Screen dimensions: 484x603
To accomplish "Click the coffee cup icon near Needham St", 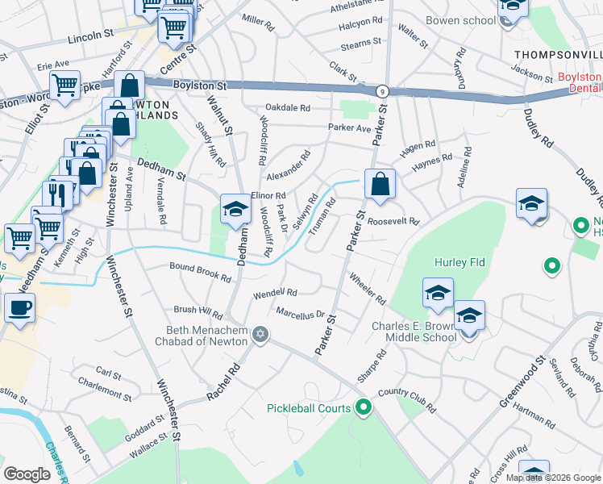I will point(19,307).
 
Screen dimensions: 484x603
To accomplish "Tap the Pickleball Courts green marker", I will point(364,408).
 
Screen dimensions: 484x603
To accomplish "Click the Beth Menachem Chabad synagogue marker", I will point(260,334).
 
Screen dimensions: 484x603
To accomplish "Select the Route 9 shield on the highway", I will point(381,91).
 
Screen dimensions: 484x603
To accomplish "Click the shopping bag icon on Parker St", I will point(380,184).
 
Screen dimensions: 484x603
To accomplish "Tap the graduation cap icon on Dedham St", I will point(235,209).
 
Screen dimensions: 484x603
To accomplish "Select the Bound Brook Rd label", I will point(200,272).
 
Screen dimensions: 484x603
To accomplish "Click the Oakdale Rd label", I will point(289,107).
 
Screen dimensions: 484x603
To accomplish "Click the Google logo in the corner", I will point(27,474).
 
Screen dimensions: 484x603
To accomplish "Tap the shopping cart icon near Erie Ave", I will point(64,85).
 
